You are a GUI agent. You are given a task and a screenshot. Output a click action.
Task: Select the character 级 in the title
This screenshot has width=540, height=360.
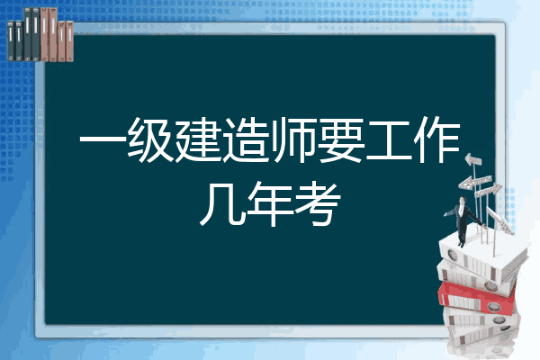150,139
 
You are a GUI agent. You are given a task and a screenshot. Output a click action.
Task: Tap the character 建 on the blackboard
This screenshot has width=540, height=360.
197,139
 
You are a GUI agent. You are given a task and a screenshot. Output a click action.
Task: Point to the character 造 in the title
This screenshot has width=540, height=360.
246,139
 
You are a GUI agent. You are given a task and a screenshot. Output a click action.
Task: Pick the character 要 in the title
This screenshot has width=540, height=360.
340,139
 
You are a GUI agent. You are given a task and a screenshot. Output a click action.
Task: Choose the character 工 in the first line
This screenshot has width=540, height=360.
389,139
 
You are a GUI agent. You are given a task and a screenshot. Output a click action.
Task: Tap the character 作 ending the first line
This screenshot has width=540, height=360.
436,139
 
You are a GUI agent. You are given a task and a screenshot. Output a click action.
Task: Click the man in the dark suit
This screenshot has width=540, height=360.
463,220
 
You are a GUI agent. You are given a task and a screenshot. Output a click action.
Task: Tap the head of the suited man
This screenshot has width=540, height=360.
463,200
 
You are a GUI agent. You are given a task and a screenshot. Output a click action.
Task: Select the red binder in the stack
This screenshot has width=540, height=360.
477,298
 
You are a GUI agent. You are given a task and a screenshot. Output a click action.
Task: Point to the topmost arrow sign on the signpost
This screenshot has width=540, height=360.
473,160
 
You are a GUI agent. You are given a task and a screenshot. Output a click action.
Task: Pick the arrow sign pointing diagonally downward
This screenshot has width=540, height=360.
499,220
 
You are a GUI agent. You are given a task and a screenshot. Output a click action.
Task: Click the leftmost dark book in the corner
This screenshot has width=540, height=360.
11,41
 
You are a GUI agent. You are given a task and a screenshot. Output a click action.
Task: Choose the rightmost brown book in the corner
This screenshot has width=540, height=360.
69,41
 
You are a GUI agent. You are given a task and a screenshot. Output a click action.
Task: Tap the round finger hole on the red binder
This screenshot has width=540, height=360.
493,306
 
